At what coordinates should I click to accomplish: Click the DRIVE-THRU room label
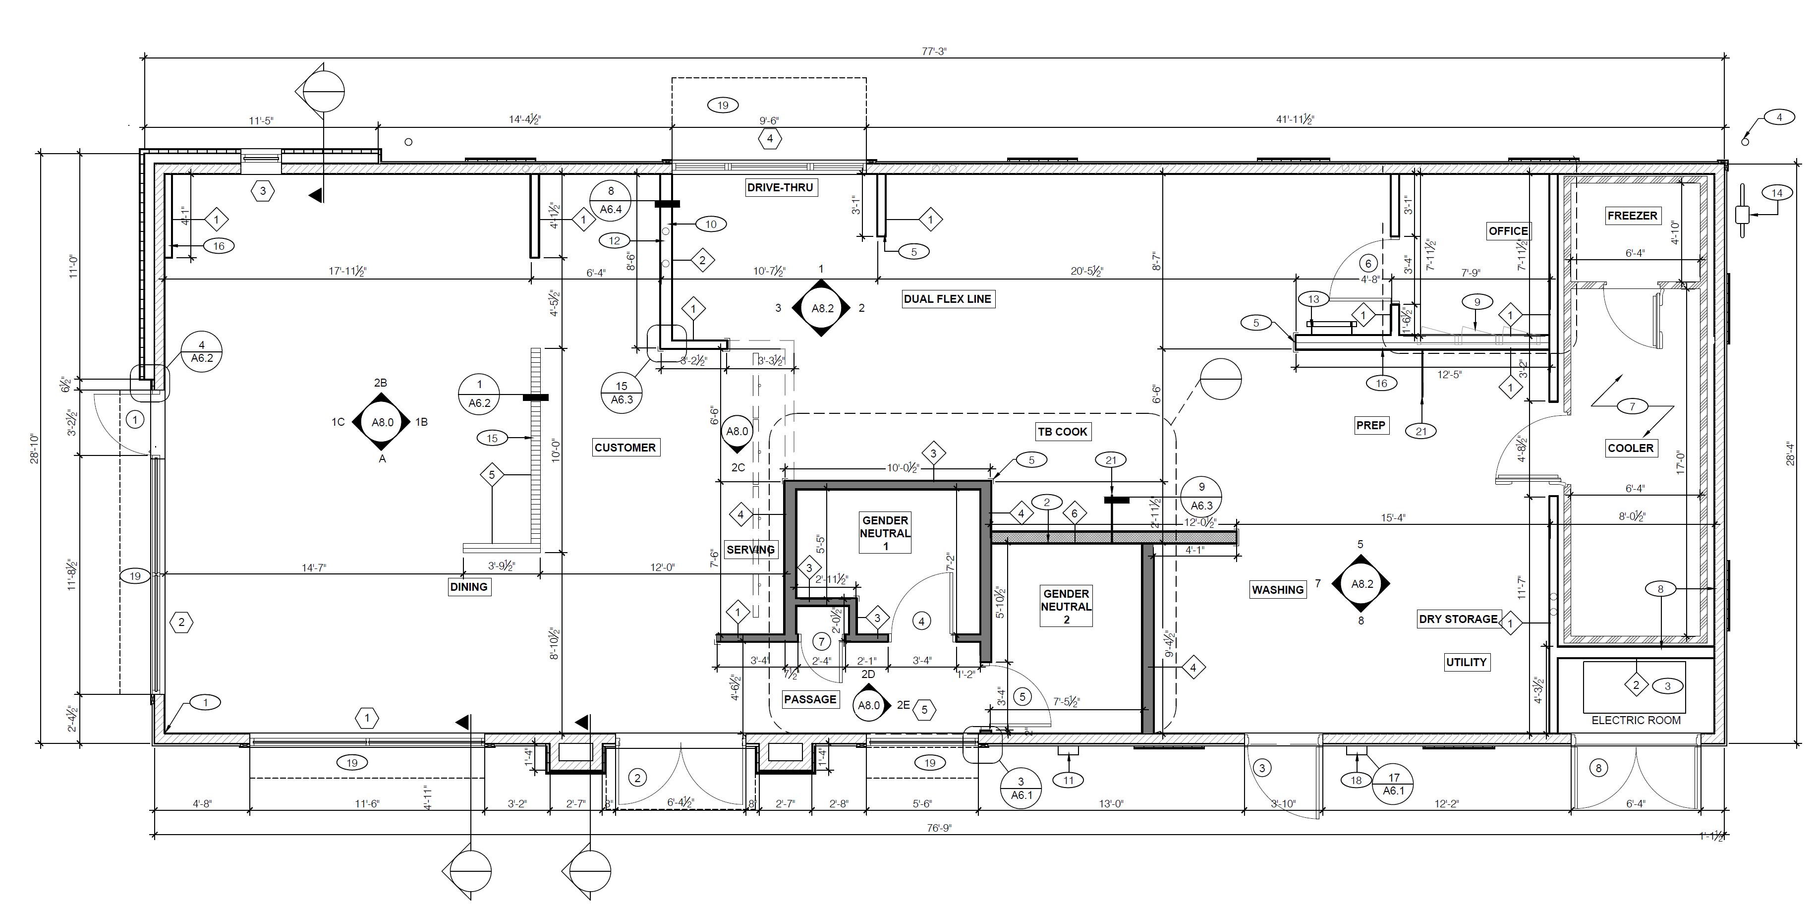click(780, 187)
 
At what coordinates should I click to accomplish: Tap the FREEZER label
click(1632, 216)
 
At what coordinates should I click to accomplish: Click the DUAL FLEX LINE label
click(947, 299)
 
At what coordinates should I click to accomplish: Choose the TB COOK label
click(1062, 431)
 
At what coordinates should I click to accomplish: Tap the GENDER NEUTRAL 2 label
click(1066, 607)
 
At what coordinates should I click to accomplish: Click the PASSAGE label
click(809, 699)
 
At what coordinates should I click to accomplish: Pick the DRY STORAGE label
click(1458, 619)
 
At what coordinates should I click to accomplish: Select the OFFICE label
click(1508, 231)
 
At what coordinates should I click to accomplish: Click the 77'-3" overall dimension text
click(934, 51)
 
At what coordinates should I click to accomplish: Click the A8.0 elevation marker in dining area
click(382, 422)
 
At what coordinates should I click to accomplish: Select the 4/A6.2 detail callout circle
click(202, 351)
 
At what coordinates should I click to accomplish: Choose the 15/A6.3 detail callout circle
click(622, 393)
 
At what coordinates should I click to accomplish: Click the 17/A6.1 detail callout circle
click(1393, 784)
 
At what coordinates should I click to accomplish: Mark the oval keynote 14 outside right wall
click(1776, 193)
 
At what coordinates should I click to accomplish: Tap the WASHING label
click(1277, 590)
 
